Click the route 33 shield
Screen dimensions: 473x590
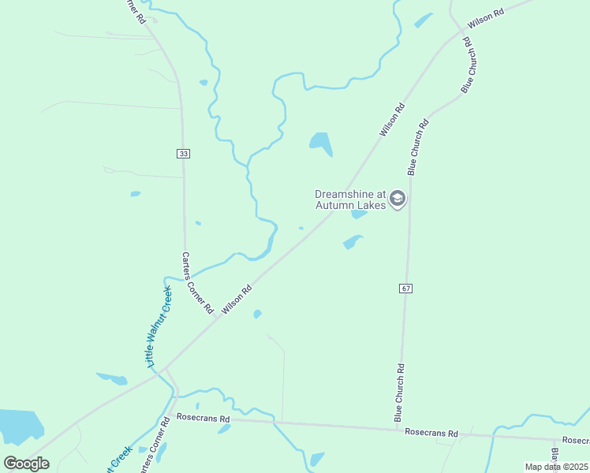pyautogui.click(x=184, y=153)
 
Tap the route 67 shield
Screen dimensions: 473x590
pyautogui.click(x=405, y=289)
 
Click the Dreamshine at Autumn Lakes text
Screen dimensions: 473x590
pyautogui.click(x=350, y=199)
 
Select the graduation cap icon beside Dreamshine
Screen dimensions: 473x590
pyautogui.click(x=398, y=198)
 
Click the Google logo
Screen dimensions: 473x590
pyautogui.click(x=27, y=463)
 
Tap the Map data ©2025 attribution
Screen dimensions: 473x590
pyautogui.click(x=557, y=467)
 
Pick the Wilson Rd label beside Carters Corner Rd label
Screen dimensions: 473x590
pyautogui.click(x=236, y=300)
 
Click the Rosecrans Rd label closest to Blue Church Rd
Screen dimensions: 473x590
pyautogui.click(x=431, y=433)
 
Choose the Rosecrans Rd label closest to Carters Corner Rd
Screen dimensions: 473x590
pyautogui.click(x=203, y=418)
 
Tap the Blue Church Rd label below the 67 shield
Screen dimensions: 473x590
pyautogui.click(x=400, y=392)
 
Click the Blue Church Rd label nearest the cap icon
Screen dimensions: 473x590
pyautogui.click(x=417, y=146)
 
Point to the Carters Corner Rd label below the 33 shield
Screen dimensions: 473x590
pyautogui.click(x=197, y=283)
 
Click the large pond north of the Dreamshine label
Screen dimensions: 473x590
pyautogui.click(x=321, y=142)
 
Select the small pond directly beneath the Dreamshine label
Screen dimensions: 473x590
pyautogui.click(x=359, y=214)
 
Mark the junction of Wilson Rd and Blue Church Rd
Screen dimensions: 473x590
pyautogui.click(x=461, y=32)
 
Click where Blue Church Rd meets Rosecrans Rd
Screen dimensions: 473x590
pyautogui.click(x=396, y=430)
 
